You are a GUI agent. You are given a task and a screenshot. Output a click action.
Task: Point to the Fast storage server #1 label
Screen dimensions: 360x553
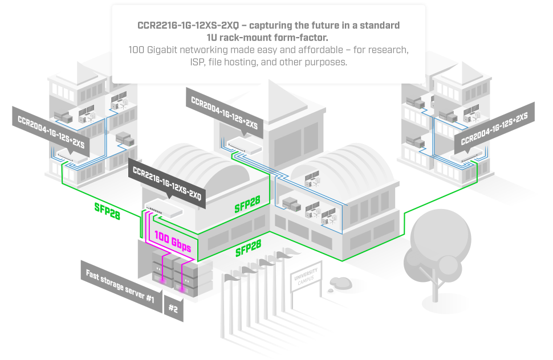pyautogui.click(x=120, y=285)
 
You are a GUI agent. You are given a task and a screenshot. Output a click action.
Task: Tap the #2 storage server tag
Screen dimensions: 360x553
pyautogui.click(x=173, y=308)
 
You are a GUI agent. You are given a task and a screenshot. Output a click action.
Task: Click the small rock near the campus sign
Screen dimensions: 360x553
pyautogui.click(x=340, y=283)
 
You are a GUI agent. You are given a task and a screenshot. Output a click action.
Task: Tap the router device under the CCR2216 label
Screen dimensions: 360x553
pyautogui.click(x=164, y=210)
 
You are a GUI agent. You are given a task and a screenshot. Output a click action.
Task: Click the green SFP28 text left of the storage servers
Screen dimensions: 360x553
pyautogui.click(x=107, y=211)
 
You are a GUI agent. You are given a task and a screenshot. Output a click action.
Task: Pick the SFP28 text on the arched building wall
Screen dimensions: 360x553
pyautogui.click(x=247, y=204)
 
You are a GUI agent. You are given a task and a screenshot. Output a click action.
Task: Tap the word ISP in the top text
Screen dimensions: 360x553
pyautogui.click(x=198, y=62)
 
